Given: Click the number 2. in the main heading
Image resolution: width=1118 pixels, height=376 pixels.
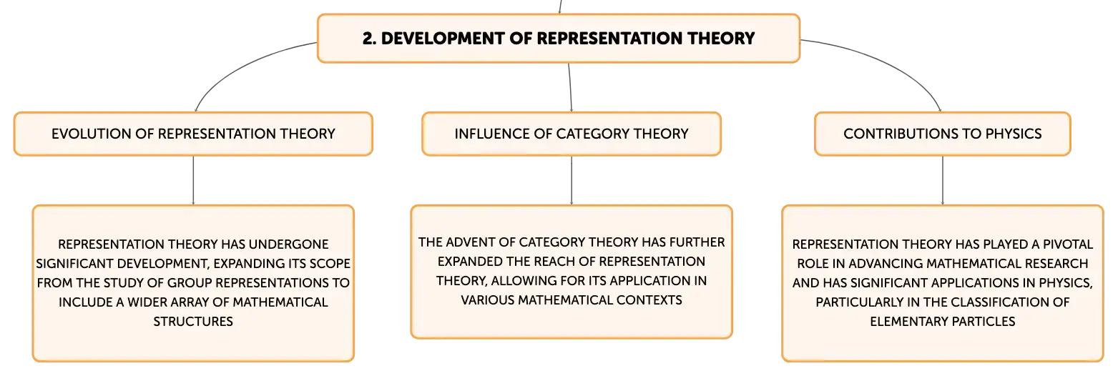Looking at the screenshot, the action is pyautogui.click(x=369, y=39).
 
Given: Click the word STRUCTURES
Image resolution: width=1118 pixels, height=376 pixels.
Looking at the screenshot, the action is pyautogui.click(x=193, y=322).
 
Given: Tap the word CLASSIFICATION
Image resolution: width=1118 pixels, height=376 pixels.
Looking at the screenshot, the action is pyautogui.click(x=1002, y=302).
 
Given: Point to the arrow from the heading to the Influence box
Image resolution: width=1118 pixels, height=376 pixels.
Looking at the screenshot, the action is pyautogui.click(x=570, y=87).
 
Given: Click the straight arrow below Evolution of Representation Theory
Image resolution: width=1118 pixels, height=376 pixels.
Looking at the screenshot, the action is pyautogui.click(x=193, y=181).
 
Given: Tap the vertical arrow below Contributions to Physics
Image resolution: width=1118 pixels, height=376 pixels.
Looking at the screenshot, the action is pyautogui.click(x=942, y=181).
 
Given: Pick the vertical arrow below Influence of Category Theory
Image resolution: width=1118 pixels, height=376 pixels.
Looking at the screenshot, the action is pyautogui.click(x=572, y=181).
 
